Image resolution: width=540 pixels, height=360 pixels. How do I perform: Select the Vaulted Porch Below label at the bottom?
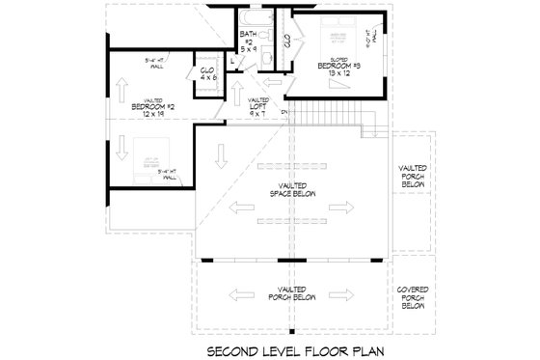[x=291, y=293]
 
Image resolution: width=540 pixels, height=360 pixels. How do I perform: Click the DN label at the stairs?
[x=283, y=114]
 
